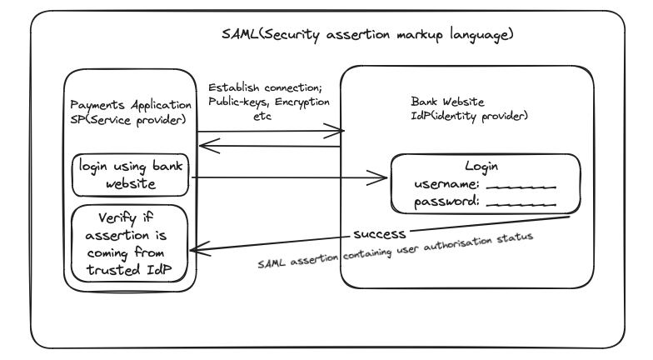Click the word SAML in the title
coord(240,33)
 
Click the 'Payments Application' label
coord(131,105)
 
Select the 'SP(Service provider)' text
coord(128,120)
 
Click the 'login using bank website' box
coord(130,175)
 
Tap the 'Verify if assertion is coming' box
coord(130,243)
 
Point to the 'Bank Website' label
coord(448,102)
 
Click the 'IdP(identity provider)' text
coord(470,115)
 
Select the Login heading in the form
coord(481,167)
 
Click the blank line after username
coord(521,187)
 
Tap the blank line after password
coord(521,205)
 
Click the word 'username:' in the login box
coord(446,183)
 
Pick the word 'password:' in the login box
coord(446,202)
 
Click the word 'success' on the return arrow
coord(380,234)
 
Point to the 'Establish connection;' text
coord(265,87)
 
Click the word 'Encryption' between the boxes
coord(302,102)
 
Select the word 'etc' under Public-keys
coord(262,117)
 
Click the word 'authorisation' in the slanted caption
coord(458,244)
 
